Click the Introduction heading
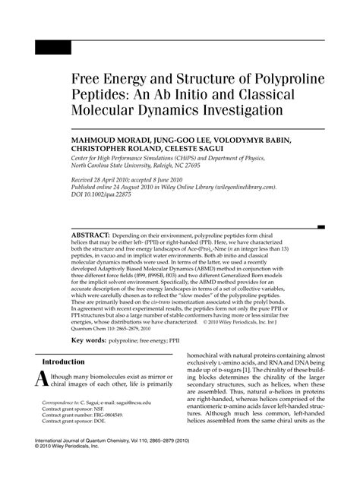click(63, 362)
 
